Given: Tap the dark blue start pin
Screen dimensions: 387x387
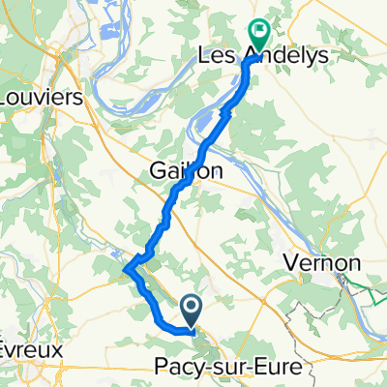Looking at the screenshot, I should pos(191,311).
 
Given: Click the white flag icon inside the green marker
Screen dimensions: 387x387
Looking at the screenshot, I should pos(258,31).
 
